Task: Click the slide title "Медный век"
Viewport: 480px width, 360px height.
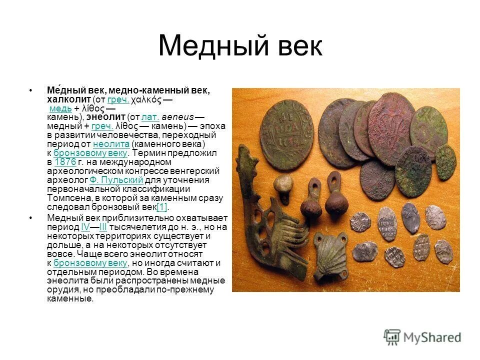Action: click(x=240, y=46)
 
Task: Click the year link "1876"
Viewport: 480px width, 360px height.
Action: click(x=64, y=162)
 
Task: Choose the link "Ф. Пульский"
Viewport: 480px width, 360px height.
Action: click(x=116, y=180)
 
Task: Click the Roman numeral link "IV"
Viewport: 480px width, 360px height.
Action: click(x=85, y=226)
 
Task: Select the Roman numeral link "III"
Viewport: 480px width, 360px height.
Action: click(x=103, y=226)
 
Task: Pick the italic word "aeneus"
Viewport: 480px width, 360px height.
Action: click(x=177, y=117)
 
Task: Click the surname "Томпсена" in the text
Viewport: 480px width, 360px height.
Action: click(x=67, y=198)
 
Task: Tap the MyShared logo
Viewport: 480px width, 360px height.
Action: click(x=422, y=337)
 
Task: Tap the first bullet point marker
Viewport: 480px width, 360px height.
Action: click(x=31, y=90)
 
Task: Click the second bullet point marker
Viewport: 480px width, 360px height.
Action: click(x=31, y=217)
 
